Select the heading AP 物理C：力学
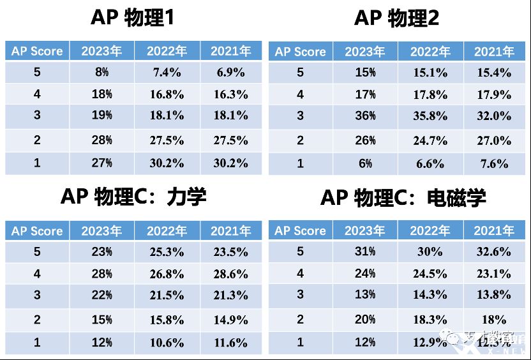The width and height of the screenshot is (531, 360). coord(133,197)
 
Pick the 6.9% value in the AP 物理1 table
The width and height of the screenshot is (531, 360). coord(231,73)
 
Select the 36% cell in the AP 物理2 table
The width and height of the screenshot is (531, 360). coord(365,116)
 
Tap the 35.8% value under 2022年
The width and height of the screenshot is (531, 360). coord(430,116)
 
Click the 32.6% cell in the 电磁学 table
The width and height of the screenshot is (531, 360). coord(494,252)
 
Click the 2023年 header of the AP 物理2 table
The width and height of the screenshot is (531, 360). coord(365,52)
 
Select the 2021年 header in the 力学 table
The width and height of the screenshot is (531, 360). coord(231,231)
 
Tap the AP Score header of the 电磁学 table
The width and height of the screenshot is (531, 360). coord(300,231)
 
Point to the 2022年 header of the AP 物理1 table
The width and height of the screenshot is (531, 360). coord(167,51)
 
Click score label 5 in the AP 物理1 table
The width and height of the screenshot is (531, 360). coord(37,72)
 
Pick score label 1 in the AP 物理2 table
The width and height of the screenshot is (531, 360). coord(301,163)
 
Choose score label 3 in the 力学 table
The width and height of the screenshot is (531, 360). coord(37,296)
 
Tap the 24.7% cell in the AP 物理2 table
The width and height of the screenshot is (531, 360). coord(430,140)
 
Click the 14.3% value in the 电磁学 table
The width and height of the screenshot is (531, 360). coord(430,295)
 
